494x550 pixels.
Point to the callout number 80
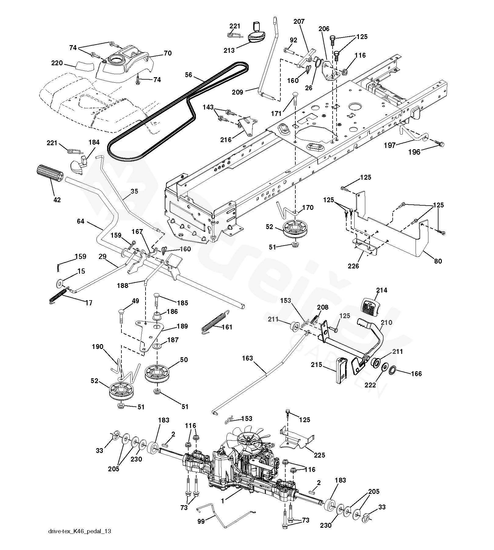(438, 261)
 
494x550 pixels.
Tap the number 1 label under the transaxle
(222, 501)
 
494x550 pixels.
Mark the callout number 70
(168, 53)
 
